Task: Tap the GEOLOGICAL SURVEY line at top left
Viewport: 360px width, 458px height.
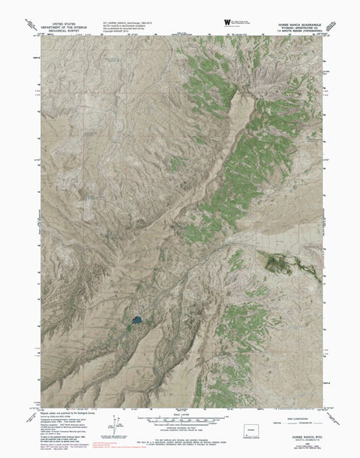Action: coord(60,22)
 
